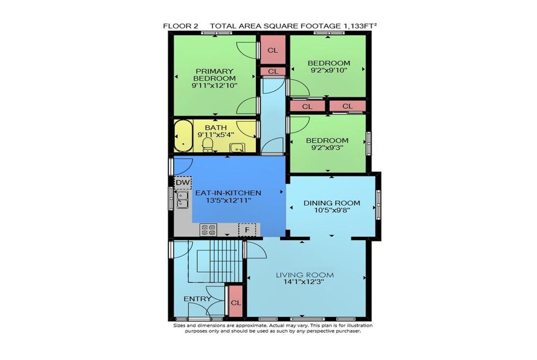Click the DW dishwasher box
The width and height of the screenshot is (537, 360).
[x=183, y=183]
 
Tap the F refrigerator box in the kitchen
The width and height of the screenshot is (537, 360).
[x=247, y=230]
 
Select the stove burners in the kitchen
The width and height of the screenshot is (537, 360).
[x=209, y=230]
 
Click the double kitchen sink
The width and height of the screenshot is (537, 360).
[x=183, y=200]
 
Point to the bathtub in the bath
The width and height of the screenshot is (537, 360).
[x=183, y=136]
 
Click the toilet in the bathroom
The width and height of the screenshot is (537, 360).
[x=208, y=145]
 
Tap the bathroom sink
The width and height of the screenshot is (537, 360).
[x=237, y=148]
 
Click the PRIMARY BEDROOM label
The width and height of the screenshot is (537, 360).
[x=214, y=75]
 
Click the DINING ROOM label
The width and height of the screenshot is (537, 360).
[x=332, y=203]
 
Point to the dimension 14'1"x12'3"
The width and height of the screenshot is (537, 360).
[x=304, y=282]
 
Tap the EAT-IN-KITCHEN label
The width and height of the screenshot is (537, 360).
[x=228, y=193]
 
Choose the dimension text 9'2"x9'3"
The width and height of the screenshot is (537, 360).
[x=327, y=148]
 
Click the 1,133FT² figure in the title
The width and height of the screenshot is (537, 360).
[x=358, y=26]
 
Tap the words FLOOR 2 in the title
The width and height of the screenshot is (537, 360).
[x=180, y=26]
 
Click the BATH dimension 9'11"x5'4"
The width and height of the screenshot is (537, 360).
[x=216, y=135]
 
